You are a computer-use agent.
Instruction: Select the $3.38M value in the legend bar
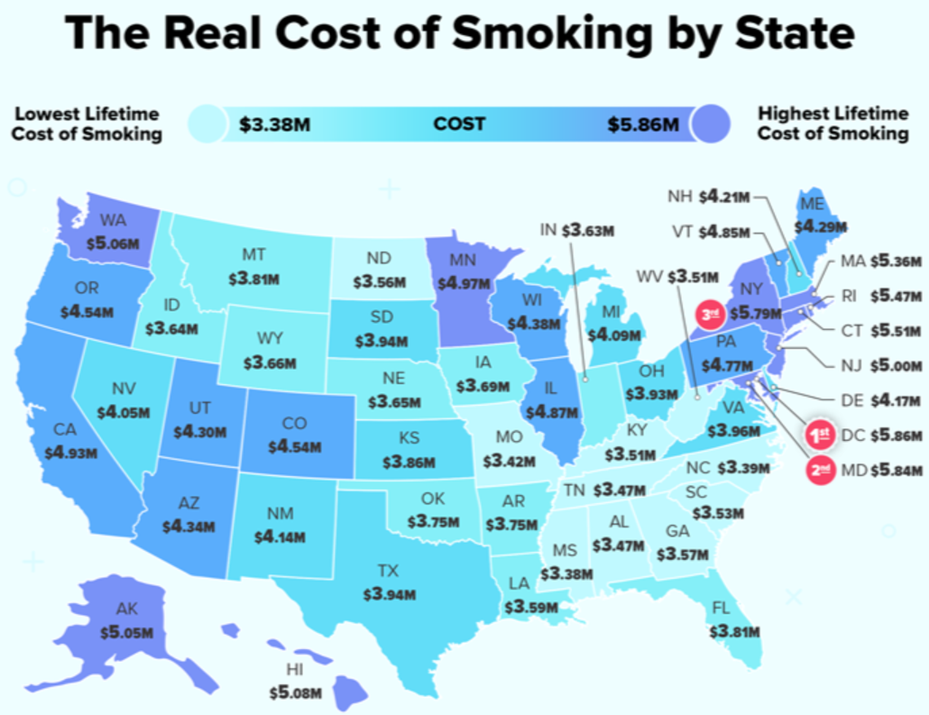pos(274,125)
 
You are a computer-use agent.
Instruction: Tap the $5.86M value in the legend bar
pos(643,125)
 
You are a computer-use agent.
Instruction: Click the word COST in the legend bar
pos(459,125)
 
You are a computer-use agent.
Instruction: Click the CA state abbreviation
pos(66,430)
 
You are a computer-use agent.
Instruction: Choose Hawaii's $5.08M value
pos(296,694)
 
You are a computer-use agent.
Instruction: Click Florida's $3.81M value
pos(734,631)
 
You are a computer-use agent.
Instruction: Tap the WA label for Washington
pos(113,220)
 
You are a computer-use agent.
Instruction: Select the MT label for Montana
pos(253,255)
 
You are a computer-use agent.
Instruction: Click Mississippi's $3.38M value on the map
pos(567,573)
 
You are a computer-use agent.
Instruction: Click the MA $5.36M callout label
pos(883,262)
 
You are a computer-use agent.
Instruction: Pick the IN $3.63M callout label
pos(576,231)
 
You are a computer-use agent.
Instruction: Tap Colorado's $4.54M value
pos(294,447)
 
